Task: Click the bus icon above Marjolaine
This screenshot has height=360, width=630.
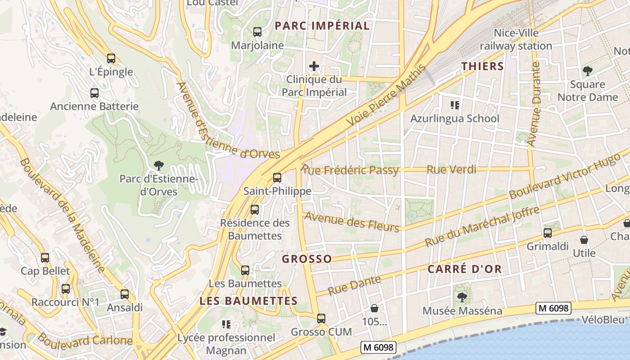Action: click(257, 32)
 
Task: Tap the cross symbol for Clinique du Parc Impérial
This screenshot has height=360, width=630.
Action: click(314, 67)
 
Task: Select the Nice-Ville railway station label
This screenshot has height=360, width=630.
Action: click(516, 40)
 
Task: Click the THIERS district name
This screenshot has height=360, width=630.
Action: click(482, 66)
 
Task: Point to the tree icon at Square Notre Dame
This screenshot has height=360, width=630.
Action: click(587, 71)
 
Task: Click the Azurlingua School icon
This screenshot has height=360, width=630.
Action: click(454, 105)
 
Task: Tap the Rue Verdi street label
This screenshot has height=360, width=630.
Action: click(451, 170)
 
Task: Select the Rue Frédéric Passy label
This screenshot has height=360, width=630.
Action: click(350, 170)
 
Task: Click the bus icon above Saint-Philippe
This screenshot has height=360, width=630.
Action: click(277, 178)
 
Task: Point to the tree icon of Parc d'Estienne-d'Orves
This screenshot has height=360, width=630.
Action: click(158, 166)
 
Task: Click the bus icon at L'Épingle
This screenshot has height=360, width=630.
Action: click(111, 58)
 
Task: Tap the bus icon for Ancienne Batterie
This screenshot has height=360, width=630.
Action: click(94, 93)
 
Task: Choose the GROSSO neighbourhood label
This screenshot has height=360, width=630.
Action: click(307, 259)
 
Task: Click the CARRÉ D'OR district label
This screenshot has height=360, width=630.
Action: click(464, 269)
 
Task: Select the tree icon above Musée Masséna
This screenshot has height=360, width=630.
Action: click(462, 297)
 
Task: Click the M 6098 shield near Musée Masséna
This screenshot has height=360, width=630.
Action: click(553, 308)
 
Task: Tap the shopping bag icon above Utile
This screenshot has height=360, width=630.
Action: click(584, 240)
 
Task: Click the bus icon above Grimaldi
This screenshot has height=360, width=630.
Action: click(548, 233)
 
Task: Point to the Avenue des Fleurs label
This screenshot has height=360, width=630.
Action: click(352, 222)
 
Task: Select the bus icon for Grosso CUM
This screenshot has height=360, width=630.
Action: click(321, 319)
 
